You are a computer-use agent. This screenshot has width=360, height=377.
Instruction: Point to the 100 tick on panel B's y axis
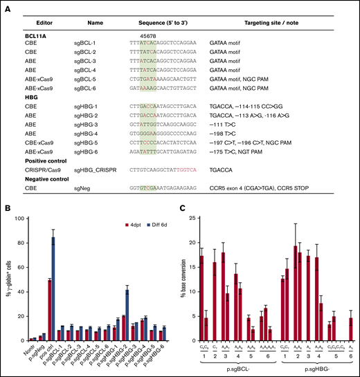[x=23, y=219]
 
